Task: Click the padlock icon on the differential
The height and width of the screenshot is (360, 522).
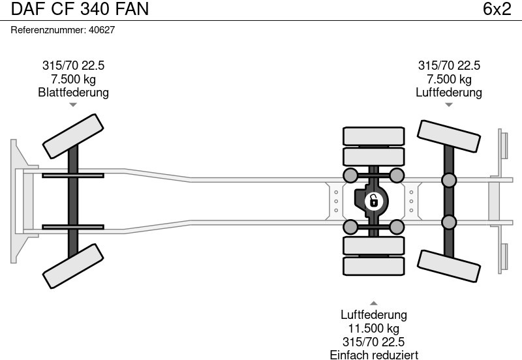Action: coord(373,200)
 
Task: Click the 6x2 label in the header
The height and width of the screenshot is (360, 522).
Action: coord(497,9)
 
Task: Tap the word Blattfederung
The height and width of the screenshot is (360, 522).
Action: coord(73,93)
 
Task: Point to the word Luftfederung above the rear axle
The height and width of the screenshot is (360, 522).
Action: coord(448,93)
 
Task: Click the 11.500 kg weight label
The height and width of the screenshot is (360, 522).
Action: coord(373,329)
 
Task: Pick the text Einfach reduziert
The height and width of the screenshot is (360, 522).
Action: coord(373,354)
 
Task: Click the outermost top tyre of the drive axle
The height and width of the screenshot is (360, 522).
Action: coord(373,136)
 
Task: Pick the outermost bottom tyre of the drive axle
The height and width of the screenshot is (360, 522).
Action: coord(373,265)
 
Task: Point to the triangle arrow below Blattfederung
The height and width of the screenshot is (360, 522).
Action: coord(73,104)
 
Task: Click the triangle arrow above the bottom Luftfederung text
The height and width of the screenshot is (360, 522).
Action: coord(373,303)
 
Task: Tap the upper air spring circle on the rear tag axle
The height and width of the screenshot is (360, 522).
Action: coord(448,180)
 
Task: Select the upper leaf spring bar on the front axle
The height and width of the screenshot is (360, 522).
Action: coord(73,175)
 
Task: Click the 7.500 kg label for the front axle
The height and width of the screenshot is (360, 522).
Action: coord(73,80)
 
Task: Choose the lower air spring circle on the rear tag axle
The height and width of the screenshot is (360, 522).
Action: coord(448,222)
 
